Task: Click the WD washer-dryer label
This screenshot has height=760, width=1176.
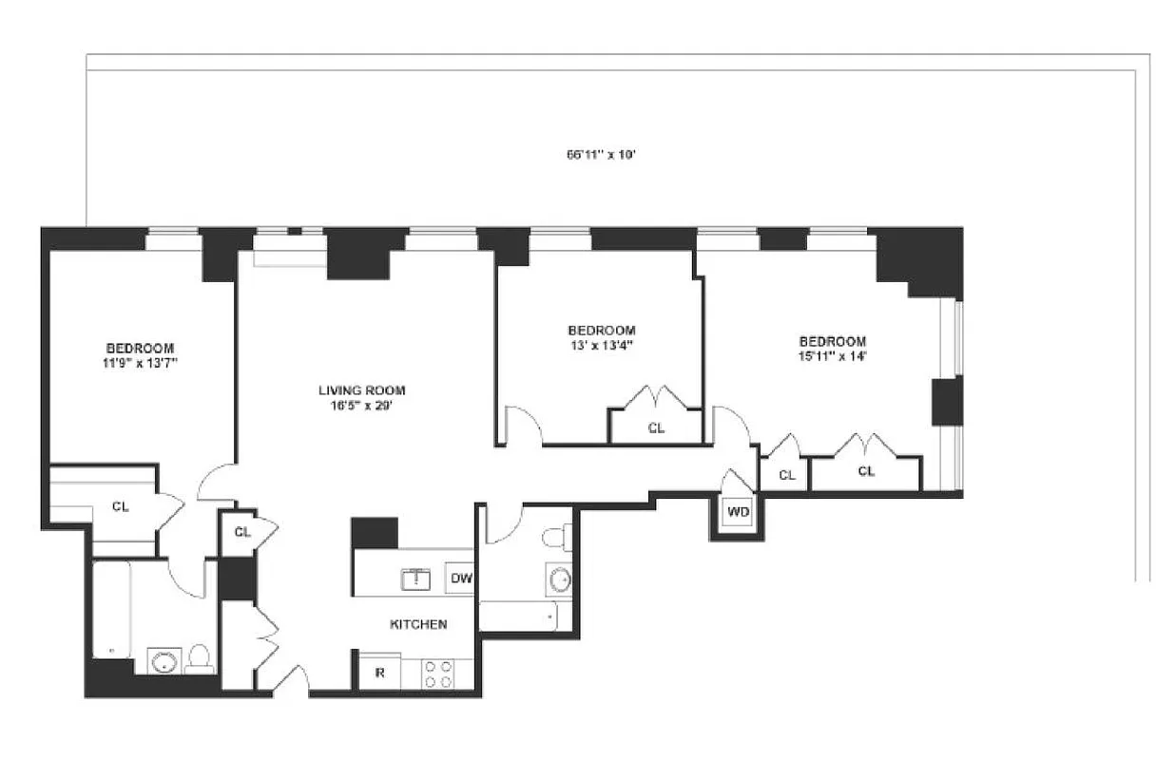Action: pos(738,512)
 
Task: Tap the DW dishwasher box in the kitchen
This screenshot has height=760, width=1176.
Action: pos(461,578)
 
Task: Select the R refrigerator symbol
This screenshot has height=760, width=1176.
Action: pos(379,673)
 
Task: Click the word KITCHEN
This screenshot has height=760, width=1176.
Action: pos(418,624)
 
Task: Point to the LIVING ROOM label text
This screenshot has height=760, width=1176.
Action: pos(361,389)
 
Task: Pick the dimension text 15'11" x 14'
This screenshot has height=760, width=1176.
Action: pos(832,357)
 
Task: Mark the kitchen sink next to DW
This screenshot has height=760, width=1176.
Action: pos(415,578)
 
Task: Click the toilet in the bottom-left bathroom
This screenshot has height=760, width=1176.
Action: pos(200,658)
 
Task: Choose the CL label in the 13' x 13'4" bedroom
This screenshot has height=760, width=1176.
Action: pos(656,428)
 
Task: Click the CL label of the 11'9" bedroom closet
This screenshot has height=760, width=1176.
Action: pos(121,506)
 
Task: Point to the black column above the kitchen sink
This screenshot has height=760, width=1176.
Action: pos(375,533)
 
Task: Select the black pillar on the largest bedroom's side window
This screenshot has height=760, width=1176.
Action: pos(947,400)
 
